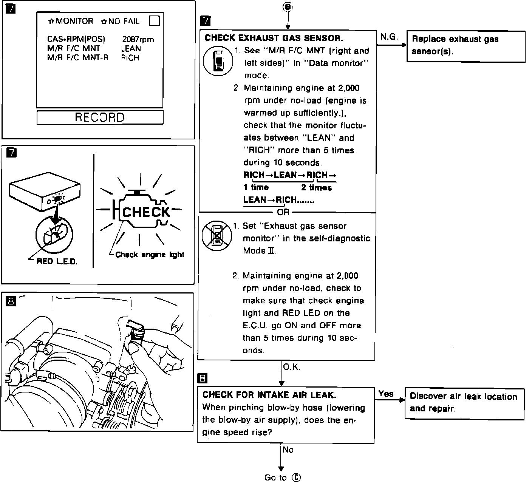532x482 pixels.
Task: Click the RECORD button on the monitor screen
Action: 100,117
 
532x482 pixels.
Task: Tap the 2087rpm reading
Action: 138,39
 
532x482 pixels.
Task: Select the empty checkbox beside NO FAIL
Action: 154,21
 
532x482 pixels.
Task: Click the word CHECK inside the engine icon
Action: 146,212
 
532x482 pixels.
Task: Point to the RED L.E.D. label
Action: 57,261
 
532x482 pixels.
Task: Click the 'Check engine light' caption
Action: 150,255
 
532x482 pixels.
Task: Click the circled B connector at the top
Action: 288,7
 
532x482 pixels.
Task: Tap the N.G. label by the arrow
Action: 389,37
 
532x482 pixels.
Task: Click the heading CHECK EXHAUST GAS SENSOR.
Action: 274,38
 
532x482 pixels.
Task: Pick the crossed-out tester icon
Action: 217,236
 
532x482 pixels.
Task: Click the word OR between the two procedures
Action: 283,212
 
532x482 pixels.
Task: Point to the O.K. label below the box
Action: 291,367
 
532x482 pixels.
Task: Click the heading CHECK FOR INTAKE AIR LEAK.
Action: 269,395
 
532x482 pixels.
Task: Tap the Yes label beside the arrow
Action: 386,394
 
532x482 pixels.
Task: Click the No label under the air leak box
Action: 288,450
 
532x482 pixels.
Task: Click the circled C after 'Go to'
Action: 297,477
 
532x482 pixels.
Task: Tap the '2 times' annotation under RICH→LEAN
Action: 316,187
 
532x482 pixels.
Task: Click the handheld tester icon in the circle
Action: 218,60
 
